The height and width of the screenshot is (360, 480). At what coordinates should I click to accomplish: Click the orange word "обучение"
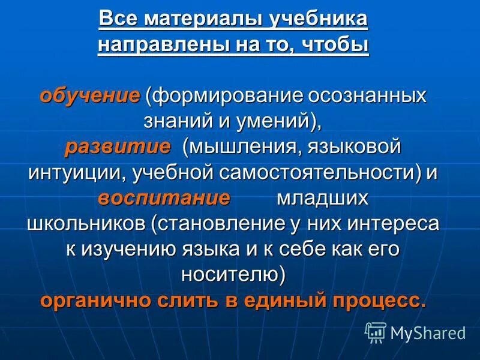tap(90, 96)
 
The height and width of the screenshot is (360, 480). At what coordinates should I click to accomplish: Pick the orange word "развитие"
tap(118, 147)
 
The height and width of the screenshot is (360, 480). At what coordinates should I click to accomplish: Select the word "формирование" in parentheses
tap(229, 96)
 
